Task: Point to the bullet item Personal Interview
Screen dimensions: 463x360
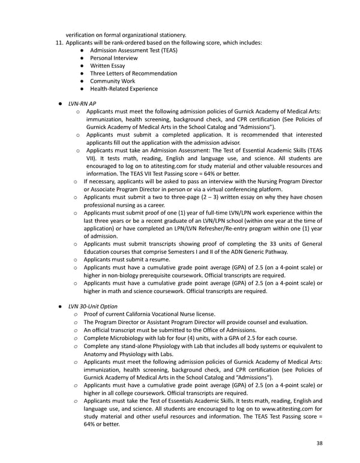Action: (x=113, y=58)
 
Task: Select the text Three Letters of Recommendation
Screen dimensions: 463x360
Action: (x=133, y=73)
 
